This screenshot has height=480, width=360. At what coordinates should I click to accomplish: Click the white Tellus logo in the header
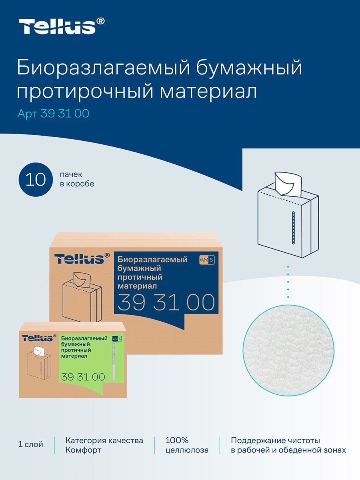tap(62, 26)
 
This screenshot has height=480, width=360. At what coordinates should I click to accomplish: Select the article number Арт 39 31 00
tap(53, 114)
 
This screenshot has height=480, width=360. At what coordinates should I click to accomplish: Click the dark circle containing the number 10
tap(36, 180)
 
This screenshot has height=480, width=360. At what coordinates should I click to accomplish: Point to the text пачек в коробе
tap(77, 179)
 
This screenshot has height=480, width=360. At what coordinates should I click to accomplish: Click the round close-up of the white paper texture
tap(288, 350)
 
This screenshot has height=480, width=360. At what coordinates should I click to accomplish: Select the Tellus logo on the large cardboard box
tap(82, 259)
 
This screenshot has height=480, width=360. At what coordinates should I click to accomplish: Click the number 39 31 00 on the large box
tap(166, 302)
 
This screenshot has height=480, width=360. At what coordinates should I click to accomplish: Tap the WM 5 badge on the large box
tap(206, 260)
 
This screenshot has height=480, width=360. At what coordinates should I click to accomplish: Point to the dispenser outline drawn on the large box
tap(82, 298)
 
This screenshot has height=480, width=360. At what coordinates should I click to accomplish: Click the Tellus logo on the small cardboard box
tap(39, 338)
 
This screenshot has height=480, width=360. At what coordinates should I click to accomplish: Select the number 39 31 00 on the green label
tap(83, 377)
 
